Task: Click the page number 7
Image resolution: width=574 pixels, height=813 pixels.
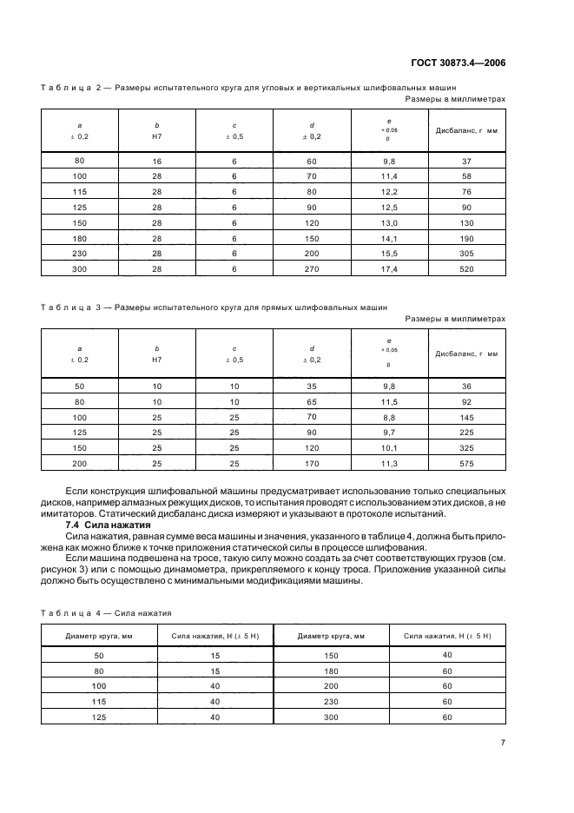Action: pos(503,741)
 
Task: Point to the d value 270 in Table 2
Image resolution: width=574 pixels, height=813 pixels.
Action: pos(311,268)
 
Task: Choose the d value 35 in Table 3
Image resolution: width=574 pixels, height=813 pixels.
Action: pos(311,386)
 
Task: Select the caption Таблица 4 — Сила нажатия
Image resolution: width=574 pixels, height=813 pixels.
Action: pos(106,612)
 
